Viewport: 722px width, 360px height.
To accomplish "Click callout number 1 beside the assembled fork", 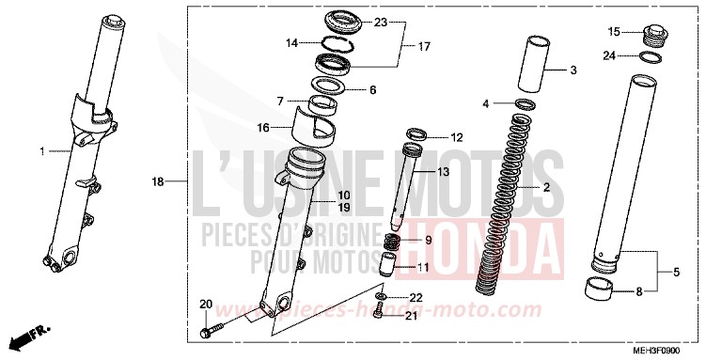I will click(42, 151).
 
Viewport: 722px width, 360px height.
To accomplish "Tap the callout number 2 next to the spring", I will click(546, 188).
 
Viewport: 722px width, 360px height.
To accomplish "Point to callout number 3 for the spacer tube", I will click(573, 70).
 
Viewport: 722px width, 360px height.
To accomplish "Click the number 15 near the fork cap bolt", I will click(613, 31).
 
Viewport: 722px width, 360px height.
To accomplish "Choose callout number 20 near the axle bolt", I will click(206, 304).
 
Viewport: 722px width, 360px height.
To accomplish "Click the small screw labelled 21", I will click(380, 317).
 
